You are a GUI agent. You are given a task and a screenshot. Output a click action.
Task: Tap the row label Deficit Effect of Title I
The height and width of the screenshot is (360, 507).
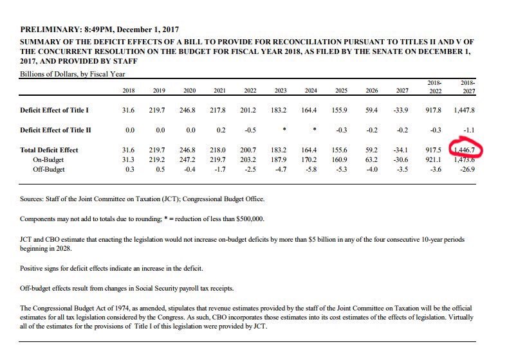(x=55, y=110)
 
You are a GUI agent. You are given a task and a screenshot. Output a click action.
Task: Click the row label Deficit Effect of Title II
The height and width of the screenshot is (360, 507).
(x=56, y=130)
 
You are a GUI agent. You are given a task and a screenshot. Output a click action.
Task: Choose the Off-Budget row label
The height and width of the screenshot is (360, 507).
(x=51, y=170)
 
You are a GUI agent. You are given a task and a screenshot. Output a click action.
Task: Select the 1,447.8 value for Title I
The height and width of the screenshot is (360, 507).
(x=468, y=110)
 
